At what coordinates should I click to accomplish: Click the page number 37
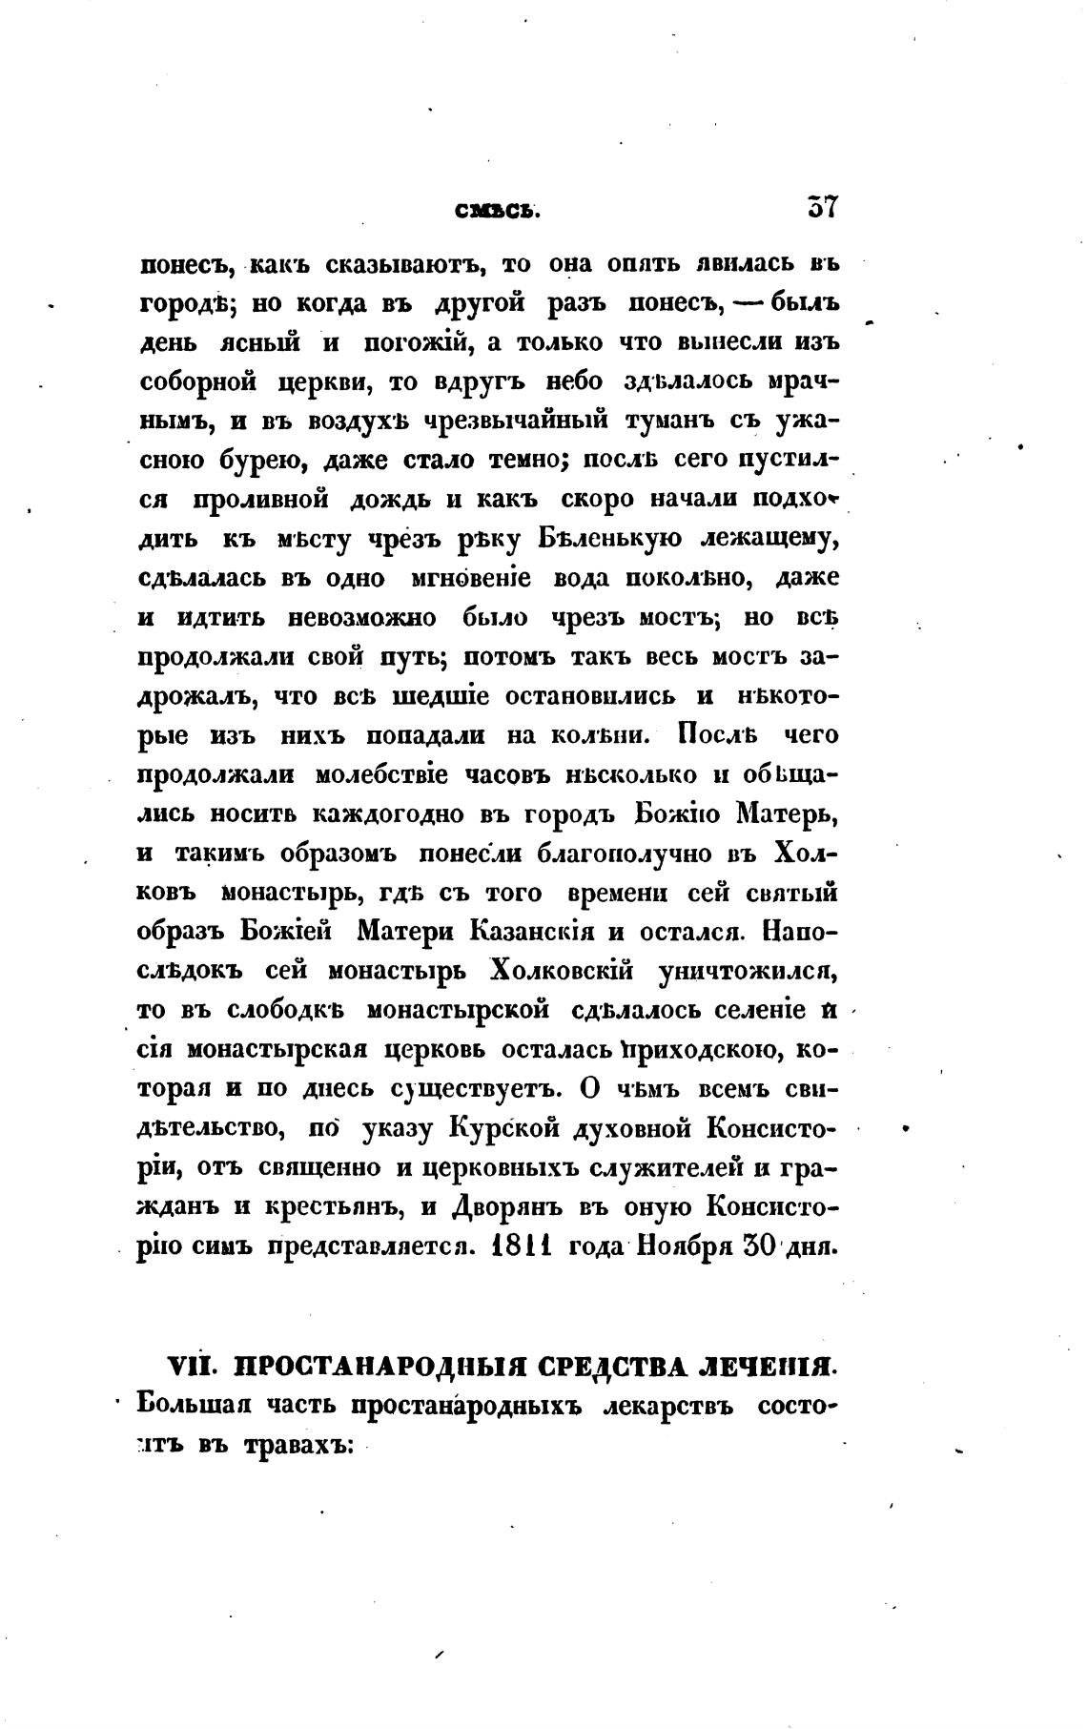coord(821,208)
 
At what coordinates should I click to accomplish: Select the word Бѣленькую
coord(609,540)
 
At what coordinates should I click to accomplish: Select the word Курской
coord(502,1129)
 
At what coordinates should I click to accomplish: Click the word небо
coord(573,381)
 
